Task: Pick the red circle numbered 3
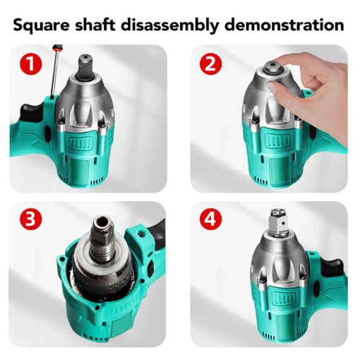pyautogui.click(x=30, y=220)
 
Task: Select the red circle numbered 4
pyautogui.click(x=210, y=220)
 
